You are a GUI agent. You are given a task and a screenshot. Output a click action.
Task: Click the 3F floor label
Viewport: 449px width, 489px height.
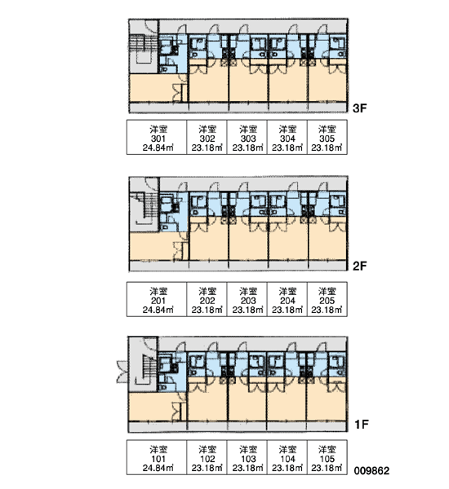point(359,108)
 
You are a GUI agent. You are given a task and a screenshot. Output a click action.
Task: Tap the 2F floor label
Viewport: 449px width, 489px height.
point(359,266)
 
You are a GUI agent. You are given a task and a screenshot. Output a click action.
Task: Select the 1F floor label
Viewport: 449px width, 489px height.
point(362,425)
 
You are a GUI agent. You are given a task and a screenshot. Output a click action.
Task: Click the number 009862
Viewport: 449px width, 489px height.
point(371,470)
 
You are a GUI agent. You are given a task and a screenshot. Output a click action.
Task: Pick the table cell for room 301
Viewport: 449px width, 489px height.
point(157,137)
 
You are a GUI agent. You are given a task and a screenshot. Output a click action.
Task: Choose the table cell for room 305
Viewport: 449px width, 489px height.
point(327,137)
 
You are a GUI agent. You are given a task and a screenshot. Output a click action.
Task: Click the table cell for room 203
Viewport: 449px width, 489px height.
point(247,299)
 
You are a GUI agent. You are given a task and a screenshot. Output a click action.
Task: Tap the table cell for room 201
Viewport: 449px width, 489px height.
point(157,299)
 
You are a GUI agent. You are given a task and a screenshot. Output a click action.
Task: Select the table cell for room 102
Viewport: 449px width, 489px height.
point(207,457)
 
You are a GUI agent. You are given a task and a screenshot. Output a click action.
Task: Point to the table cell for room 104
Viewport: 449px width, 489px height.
point(287,457)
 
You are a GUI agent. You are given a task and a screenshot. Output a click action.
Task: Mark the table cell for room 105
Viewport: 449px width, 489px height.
point(327,457)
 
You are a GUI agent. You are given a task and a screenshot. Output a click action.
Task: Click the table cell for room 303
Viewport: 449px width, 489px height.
point(247,137)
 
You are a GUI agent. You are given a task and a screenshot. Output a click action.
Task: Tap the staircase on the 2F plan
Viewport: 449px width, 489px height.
point(144,209)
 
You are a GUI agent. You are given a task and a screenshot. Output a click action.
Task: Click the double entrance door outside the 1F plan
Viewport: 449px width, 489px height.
point(122,372)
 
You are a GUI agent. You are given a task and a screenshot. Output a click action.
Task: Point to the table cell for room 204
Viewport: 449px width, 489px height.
point(287,299)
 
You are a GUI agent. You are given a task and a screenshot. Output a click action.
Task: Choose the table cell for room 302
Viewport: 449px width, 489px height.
point(207,137)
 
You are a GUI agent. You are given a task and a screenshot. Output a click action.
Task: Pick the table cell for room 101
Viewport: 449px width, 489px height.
point(157,457)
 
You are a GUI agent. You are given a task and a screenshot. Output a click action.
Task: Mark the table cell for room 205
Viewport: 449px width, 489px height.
point(327,299)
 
